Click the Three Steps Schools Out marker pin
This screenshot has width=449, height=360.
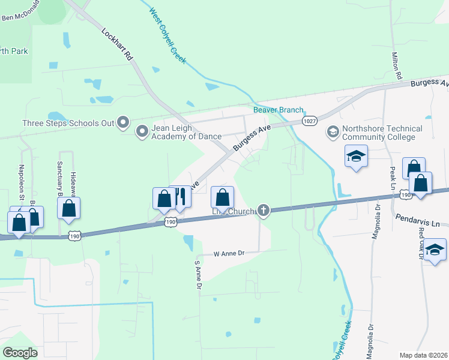point(123,123)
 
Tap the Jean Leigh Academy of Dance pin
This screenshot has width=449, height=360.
point(142,131)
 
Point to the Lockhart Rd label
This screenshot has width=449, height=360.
point(117,46)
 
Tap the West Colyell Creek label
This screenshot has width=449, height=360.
point(167,37)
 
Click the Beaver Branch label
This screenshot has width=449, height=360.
point(278,110)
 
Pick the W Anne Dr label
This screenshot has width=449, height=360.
point(230,254)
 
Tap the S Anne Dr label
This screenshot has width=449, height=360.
point(196,274)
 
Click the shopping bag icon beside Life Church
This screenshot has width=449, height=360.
point(222,197)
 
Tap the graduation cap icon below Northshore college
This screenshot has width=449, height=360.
point(356,156)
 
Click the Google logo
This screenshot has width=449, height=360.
point(20,352)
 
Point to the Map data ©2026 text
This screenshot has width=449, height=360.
point(423,355)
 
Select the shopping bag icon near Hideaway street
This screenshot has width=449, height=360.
point(69,208)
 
